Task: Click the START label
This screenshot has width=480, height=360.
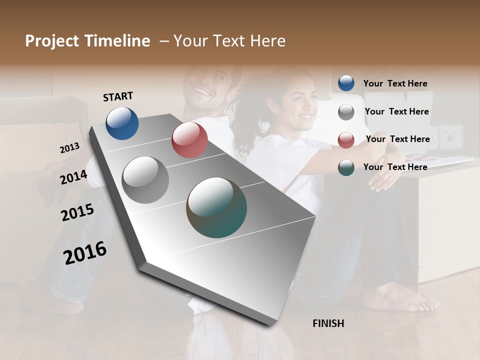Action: pyautogui.click(x=118, y=96)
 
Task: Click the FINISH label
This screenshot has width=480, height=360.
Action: pyautogui.click(x=328, y=323)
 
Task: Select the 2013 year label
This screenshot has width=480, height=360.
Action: pyautogui.click(x=69, y=148)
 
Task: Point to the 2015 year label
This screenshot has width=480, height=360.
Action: pyautogui.click(x=77, y=212)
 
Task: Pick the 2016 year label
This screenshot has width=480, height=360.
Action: pyautogui.click(x=85, y=253)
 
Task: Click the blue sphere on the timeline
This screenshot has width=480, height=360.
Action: pyautogui.click(x=122, y=123)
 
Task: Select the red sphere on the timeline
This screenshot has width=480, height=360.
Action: pyautogui.click(x=189, y=140)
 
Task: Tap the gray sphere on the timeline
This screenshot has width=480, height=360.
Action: pyautogui.click(x=145, y=180)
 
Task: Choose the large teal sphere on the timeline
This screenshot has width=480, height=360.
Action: pyautogui.click(x=216, y=207)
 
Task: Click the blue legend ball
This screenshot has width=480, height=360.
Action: pyautogui.click(x=346, y=83)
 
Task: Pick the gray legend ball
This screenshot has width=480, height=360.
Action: pyautogui.click(x=346, y=112)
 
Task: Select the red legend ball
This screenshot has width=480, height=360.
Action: pyautogui.click(x=346, y=140)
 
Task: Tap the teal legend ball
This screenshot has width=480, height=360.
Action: pyautogui.click(x=346, y=167)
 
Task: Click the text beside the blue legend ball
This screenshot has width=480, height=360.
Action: pyautogui.click(x=395, y=83)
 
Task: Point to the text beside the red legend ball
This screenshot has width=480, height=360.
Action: pyautogui.click(x=397, y=139)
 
